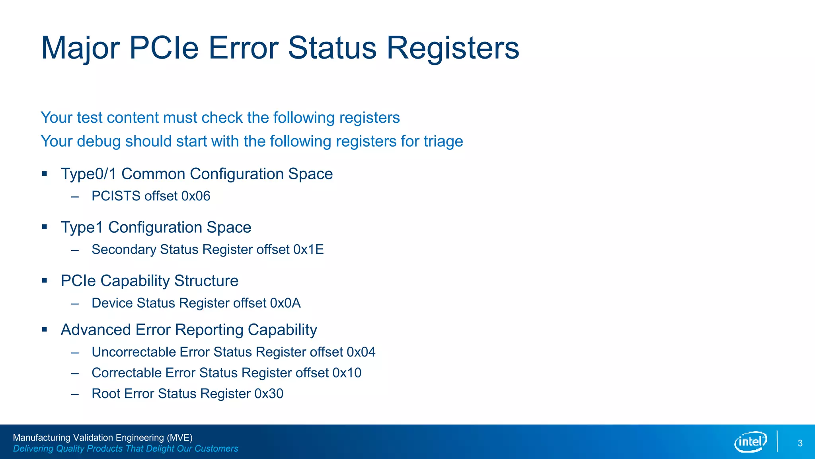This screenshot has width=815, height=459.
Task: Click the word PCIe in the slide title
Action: pyautogui.click(x=164, y=48)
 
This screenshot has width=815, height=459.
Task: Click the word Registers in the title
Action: pyautogui.click(x=452, y=48)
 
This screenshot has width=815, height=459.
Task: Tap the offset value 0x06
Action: pyautogui.click(x=196, y=196)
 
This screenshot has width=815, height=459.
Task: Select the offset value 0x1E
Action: pyautogui.click(x=308, y=249)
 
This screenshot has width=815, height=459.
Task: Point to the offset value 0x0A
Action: pyautogui.click(x=285, y=303)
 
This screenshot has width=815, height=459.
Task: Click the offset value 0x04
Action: pyautogui.click(x=361, y=352)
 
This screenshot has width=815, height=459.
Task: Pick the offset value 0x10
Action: pyautogui.click(x=347, y=373)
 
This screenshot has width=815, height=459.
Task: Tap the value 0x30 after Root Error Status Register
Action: pyautogui.click(x=269, y=394)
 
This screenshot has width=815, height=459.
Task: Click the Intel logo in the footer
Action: pyautogui.click(x=750, y=441)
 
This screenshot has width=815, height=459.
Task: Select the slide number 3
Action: pyautogui.click(x=800, y=443)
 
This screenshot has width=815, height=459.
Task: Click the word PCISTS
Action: pyautogui.click(x=116, y=196)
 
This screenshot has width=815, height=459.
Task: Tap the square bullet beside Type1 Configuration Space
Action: pyautogui.click(x=45, y=227)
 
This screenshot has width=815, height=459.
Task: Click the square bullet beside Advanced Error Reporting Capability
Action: pyautogui.click(x=45, y=330)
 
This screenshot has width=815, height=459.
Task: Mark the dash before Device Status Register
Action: pyautogui.click(x=75, y=304)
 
